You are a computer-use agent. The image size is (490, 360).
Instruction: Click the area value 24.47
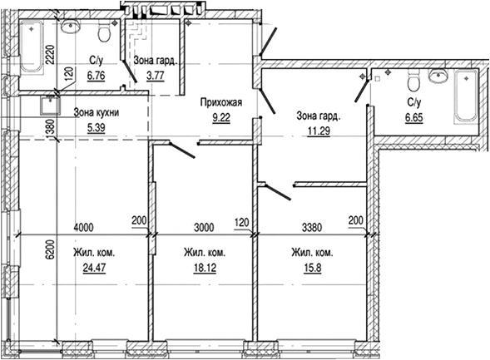tap(94, 268)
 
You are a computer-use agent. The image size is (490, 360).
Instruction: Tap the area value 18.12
tap(205, 268)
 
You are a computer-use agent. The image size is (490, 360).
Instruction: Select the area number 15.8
tap(313, 268)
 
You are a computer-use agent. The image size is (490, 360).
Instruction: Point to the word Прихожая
tap(221, 102)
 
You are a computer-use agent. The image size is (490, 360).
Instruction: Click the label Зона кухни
tap(97, 112)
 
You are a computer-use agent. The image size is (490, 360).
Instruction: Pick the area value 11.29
tap(319, 131)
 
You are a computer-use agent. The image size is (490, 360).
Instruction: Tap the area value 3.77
tap(156, 76)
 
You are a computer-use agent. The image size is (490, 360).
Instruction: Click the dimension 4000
tap(83, 227)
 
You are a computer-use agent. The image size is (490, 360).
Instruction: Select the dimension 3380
tap(312, 227)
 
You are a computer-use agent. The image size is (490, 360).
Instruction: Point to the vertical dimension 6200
tap(50, 249)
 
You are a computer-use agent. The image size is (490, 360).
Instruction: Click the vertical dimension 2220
tap(50, 55)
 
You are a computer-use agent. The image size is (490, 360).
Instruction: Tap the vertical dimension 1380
tap(50, 128)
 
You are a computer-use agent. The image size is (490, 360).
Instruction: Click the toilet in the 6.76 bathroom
tap(104, 32)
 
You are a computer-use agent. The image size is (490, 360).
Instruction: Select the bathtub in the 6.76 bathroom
tap(32, 46)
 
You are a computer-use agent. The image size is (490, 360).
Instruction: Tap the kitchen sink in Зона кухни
tap(50, 106)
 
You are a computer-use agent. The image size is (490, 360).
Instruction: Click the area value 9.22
tap(221, 118)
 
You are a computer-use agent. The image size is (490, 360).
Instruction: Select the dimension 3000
tap(204, 227)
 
